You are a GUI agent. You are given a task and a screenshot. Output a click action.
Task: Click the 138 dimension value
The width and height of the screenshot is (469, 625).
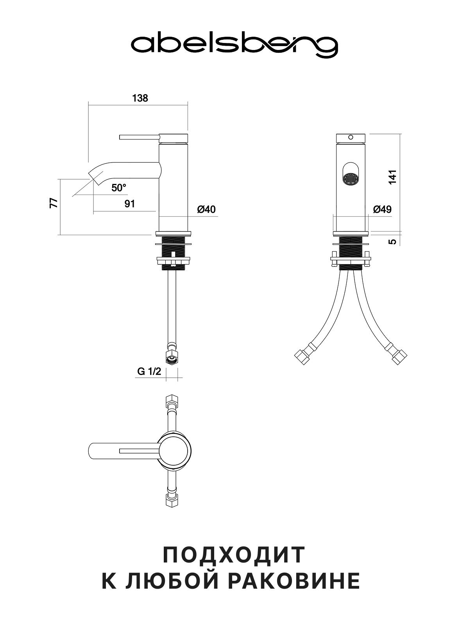click(x=140, y=98)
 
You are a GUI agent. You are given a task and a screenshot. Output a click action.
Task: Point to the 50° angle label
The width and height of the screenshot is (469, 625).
click(x=118, y=188)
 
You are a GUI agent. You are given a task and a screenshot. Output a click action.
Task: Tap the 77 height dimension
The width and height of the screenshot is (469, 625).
click(x=54, y=203)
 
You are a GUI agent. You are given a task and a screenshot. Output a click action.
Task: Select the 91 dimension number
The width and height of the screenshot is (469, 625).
click(x=130, y=204)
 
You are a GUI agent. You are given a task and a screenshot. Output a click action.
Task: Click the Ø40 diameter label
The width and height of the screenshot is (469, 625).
click(x=206, y=209)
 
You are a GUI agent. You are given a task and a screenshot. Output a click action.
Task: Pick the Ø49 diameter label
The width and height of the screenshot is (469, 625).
click(x=382, y=209)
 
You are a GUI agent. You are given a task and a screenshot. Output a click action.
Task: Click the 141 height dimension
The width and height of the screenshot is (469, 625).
click(x=393, y=177)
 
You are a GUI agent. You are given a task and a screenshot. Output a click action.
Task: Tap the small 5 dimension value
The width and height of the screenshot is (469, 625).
click(x=393, y=241)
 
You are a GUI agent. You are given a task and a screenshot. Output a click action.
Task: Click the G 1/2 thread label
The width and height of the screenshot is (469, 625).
click(x=149, y=371)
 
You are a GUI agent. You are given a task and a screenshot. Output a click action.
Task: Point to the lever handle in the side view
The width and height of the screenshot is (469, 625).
click(x=139, y=137)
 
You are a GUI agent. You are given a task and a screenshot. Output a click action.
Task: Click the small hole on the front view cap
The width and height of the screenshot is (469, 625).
click(x=351, y=137)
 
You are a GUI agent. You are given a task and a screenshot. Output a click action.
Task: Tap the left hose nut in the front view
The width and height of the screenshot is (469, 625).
click(x=302, y=358)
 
